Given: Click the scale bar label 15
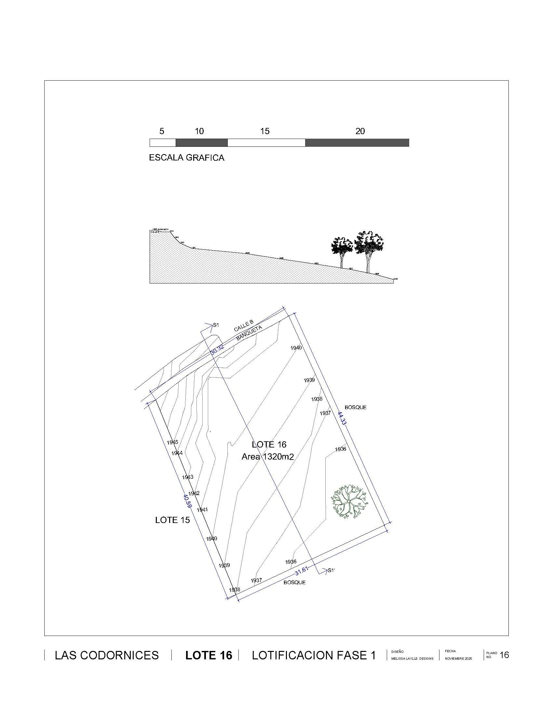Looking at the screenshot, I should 265,131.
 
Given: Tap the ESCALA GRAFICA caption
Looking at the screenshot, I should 187,158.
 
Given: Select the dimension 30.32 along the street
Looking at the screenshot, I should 217,349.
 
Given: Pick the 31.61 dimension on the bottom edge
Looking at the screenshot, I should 302,571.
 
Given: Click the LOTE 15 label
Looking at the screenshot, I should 172,520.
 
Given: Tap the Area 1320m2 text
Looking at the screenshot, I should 268,457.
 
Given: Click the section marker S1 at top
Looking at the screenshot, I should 216,325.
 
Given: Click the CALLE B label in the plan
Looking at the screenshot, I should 243,326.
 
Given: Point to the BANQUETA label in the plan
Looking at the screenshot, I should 249,333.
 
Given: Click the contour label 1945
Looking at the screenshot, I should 172,442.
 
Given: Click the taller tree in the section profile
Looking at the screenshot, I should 369,249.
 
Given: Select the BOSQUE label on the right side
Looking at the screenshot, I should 356,407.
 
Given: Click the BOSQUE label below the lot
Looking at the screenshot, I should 294,582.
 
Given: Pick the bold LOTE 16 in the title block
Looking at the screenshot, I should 209,655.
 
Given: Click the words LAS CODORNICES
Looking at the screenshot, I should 107,655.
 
